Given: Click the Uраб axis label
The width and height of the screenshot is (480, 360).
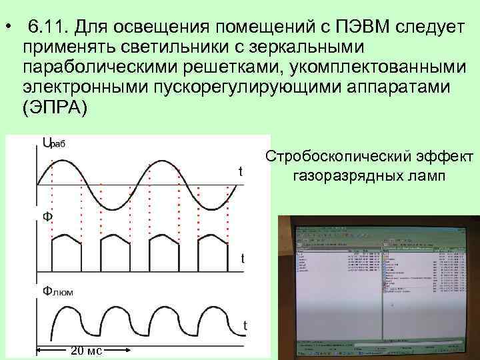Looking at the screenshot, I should [53, 143].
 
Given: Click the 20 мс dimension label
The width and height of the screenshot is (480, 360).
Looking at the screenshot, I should [86, 351].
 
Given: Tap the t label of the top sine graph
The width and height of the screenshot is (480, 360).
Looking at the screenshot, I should [240, 172].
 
